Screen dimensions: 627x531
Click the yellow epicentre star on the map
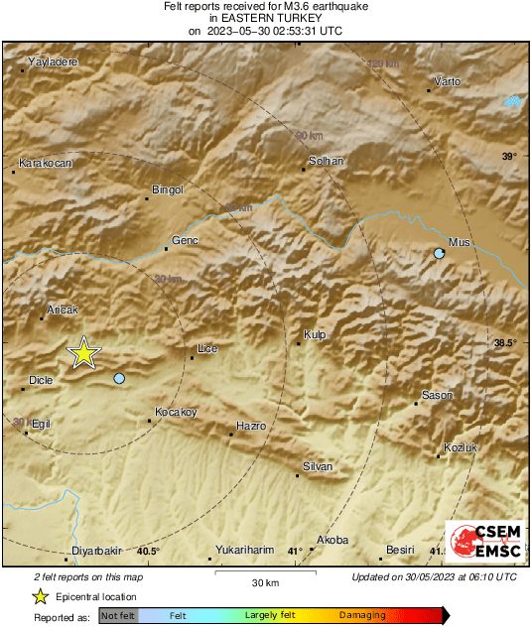click(84, 353)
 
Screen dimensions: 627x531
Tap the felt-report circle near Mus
click(440, 255)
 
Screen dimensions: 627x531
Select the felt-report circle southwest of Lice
click(119, 379)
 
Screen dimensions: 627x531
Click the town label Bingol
click(167, 189)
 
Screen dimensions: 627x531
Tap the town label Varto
click(447, 81)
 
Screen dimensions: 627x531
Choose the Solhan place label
click(327, 161)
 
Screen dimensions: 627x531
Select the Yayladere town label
click(53, 63)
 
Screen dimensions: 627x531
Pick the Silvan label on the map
click(318, 466)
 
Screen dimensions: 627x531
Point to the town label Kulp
click(315, 335)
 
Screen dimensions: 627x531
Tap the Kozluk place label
click(462, 447)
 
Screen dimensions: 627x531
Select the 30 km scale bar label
click(264, 582)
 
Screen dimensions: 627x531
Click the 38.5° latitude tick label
click(505, 343)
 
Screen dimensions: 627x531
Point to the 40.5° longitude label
click(148, 552)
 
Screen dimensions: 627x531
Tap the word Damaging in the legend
click(362, 616)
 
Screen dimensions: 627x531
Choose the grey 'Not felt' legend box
click(118, 616)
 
